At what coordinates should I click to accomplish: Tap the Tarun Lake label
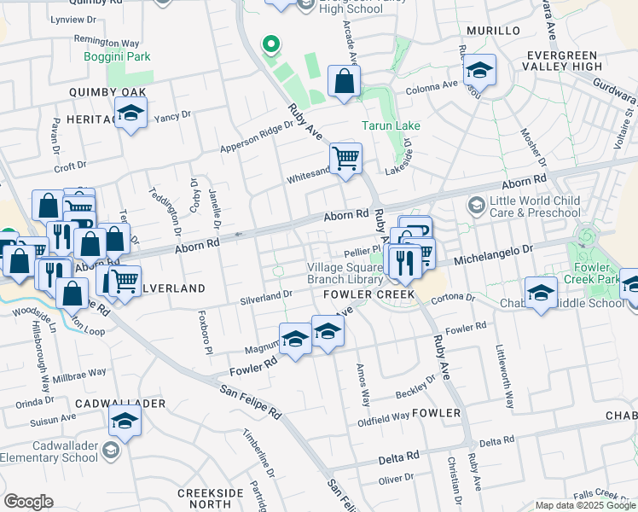point(391,125)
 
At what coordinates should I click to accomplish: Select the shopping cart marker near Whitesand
point(345,158)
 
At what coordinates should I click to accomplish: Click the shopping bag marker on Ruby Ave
point(344,82)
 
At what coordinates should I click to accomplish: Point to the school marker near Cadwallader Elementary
point(125,422)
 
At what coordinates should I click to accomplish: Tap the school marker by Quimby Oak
point(131,113)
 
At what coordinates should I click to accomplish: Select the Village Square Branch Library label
point(345,273)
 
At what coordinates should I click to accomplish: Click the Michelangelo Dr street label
point(491,253)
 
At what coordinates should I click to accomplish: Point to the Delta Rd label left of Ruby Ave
point(400,457)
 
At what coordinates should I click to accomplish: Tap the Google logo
point(28,502)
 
